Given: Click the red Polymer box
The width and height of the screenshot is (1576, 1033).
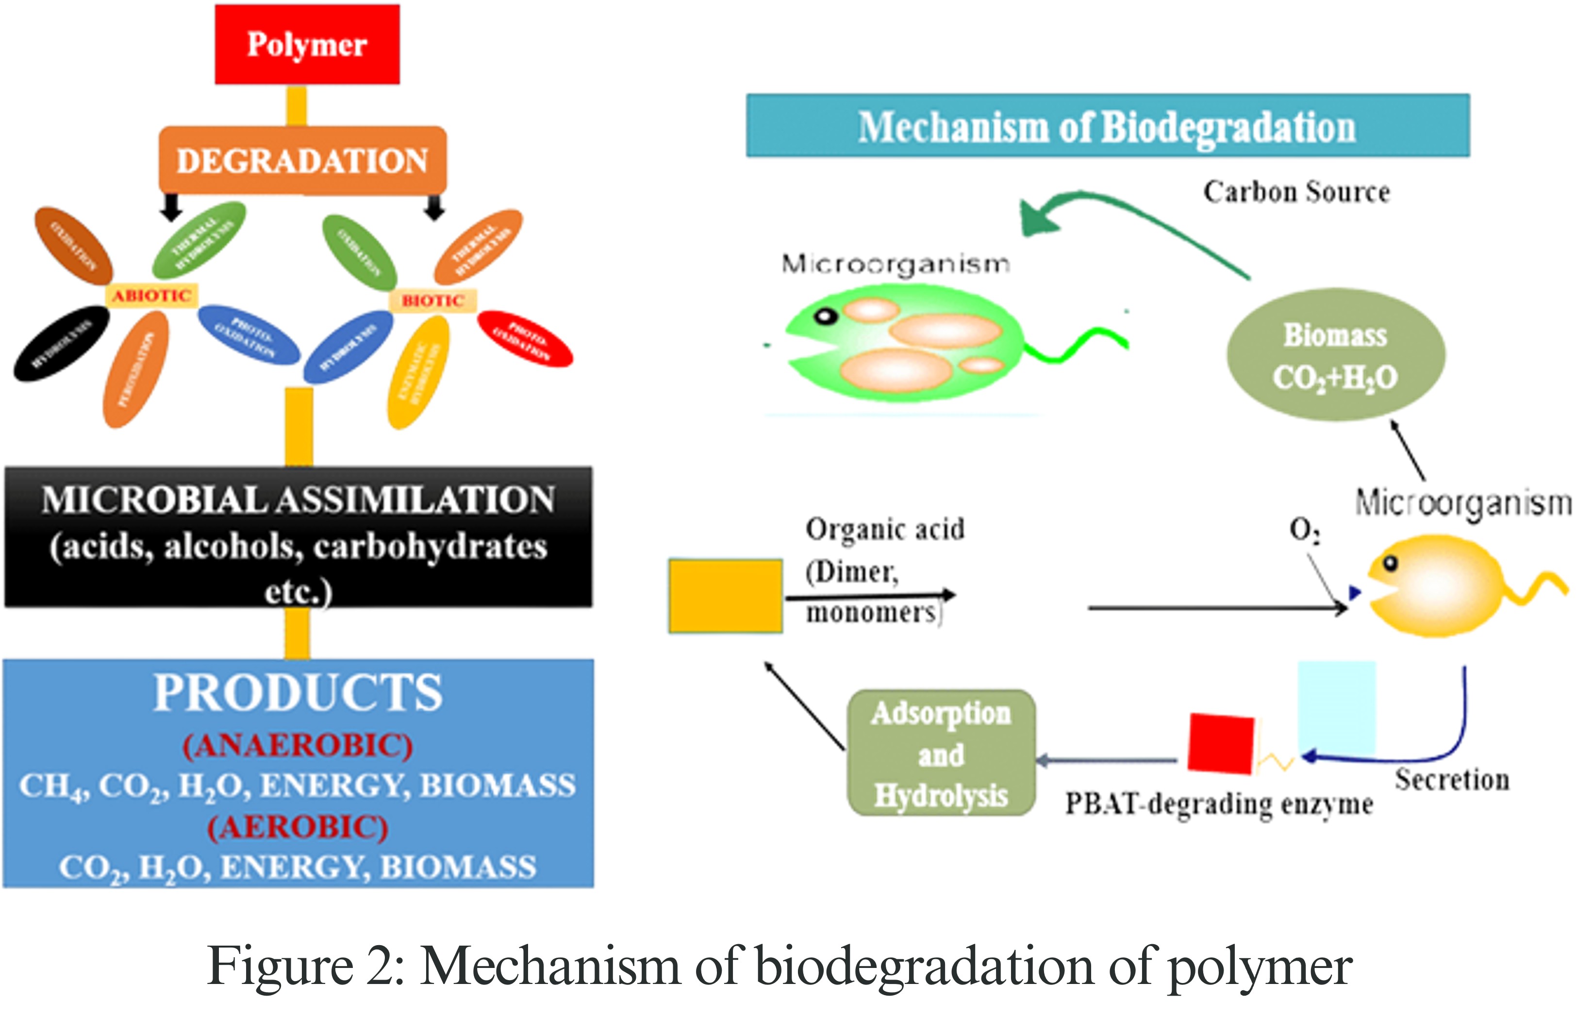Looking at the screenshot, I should (x=307, y=44).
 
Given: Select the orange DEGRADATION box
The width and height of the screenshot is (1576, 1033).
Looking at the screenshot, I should (x=302, y=160).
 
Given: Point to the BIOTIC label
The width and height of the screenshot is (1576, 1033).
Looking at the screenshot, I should (x=432, y=300).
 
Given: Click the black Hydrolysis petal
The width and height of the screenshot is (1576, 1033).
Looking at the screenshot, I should (x=61, y=343).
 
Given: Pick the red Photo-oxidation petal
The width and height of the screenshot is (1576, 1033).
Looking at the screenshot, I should (x=525, y=338).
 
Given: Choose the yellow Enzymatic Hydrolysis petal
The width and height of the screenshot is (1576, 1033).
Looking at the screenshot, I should (x=418, y=372).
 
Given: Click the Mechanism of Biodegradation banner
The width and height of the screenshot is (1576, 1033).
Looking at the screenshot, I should (x=1107, y=126).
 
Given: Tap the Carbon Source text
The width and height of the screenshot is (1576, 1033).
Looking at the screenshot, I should (x=1296, y=192).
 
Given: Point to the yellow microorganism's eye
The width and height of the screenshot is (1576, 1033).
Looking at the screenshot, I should (x=1390, y=564).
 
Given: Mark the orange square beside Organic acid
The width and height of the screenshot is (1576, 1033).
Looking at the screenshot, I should (x=725, y=596).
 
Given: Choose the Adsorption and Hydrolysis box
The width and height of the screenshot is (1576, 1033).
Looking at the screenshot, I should (x=941, y=753).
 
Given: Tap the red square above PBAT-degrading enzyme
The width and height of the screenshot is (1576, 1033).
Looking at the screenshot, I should (x=1220, y=743).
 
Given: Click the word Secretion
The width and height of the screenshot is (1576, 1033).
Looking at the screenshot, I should (x=1452, y=780).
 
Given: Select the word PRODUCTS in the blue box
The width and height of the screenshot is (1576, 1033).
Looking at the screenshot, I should (x=298, y=693).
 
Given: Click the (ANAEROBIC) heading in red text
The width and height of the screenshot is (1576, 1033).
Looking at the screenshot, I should (x=298, y=746).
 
